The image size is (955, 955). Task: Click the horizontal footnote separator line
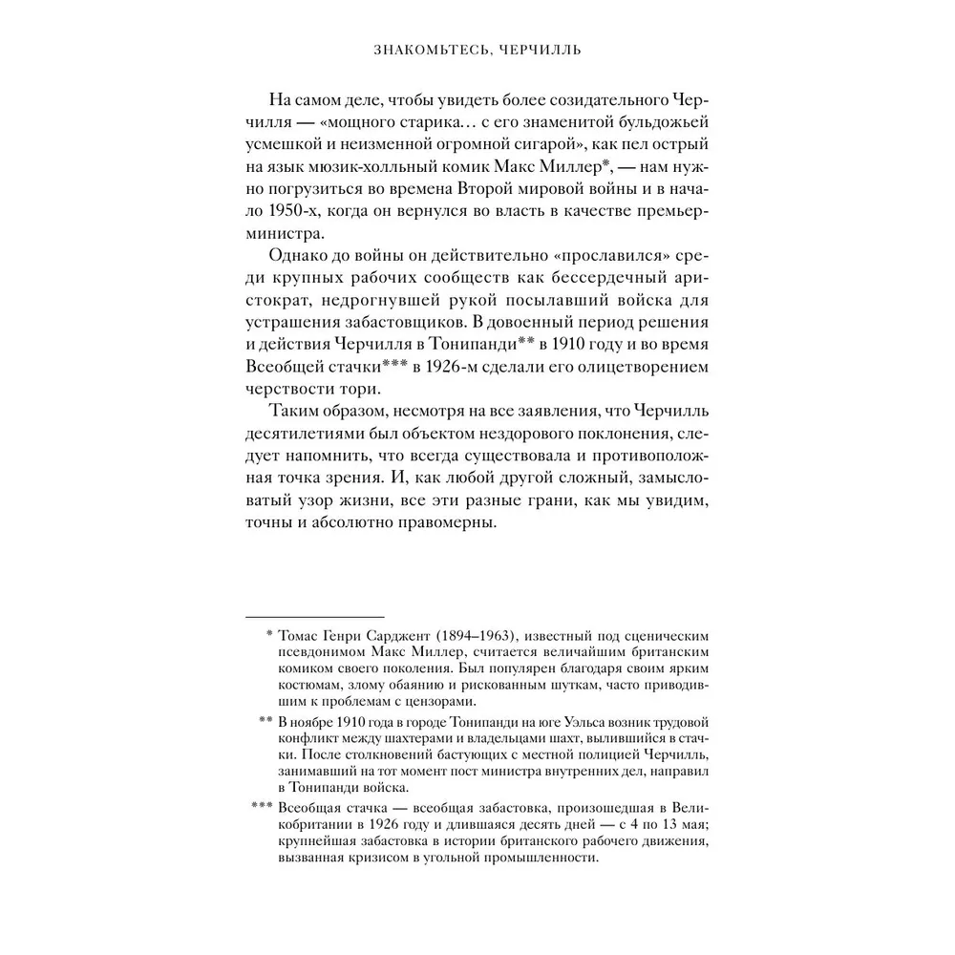[314, 618]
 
